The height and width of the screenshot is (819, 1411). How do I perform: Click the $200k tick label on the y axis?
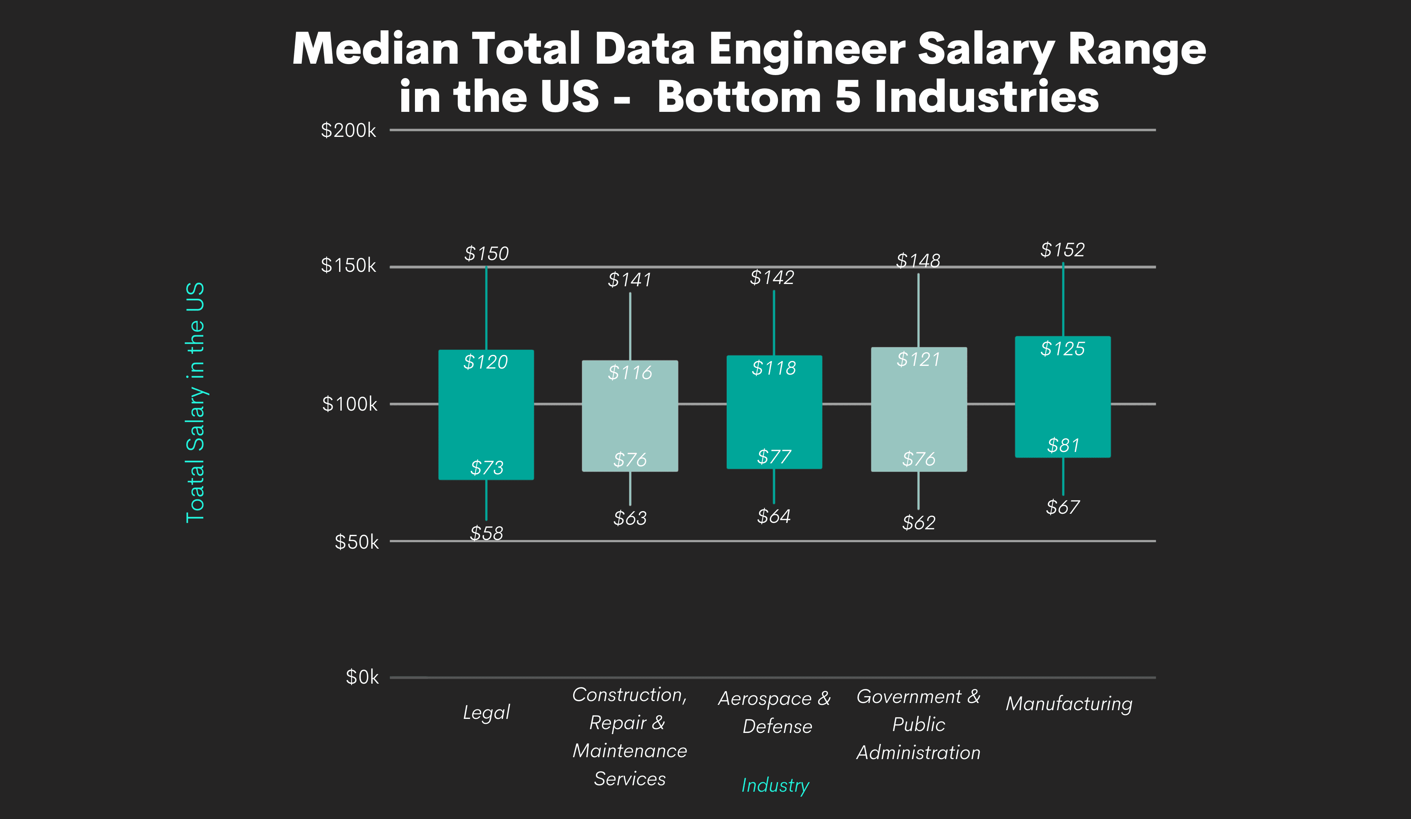348,130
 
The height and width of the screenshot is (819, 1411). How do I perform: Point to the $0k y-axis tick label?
362,677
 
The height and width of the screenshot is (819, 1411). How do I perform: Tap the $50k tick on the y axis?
356,542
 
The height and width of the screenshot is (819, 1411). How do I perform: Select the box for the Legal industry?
486,415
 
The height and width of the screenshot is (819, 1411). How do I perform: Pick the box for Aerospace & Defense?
775,412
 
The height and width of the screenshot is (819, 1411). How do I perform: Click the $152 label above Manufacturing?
1062,249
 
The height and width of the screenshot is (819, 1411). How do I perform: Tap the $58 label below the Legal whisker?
486,533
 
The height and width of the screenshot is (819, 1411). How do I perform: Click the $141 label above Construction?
630,279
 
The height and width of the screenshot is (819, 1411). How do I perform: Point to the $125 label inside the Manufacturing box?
1062,349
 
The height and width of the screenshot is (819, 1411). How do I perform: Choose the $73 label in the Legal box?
487,468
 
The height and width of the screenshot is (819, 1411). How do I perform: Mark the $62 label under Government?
918,522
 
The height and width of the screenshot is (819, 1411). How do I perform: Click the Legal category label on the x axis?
486,712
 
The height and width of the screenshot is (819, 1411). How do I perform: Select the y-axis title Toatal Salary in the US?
195,402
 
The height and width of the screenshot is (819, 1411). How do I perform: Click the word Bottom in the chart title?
739,96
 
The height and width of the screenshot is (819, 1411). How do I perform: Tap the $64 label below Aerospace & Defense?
774,516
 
